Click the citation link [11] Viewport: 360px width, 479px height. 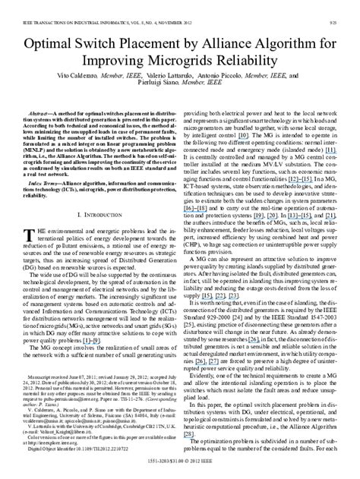point(327,153)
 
